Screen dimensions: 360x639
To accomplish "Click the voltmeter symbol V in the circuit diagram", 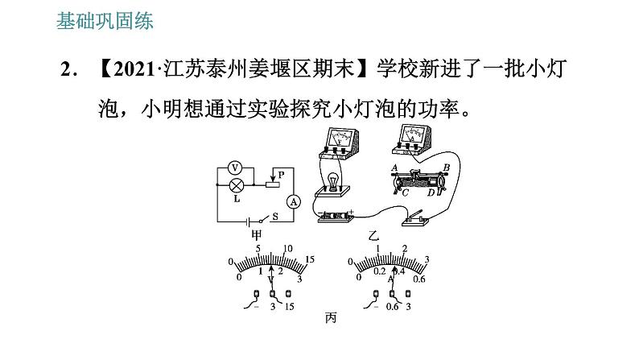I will click(x=236, y=168).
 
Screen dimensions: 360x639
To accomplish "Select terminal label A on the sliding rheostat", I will click(x=394, y=168).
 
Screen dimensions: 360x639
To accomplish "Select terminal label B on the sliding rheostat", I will click(x=446, y=167).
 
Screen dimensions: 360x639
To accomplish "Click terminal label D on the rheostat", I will click(x=431, y=192).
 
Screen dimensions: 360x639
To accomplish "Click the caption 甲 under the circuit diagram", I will click(x=257, y=235).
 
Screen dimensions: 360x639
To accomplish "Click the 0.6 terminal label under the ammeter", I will click(x=394, y=307).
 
